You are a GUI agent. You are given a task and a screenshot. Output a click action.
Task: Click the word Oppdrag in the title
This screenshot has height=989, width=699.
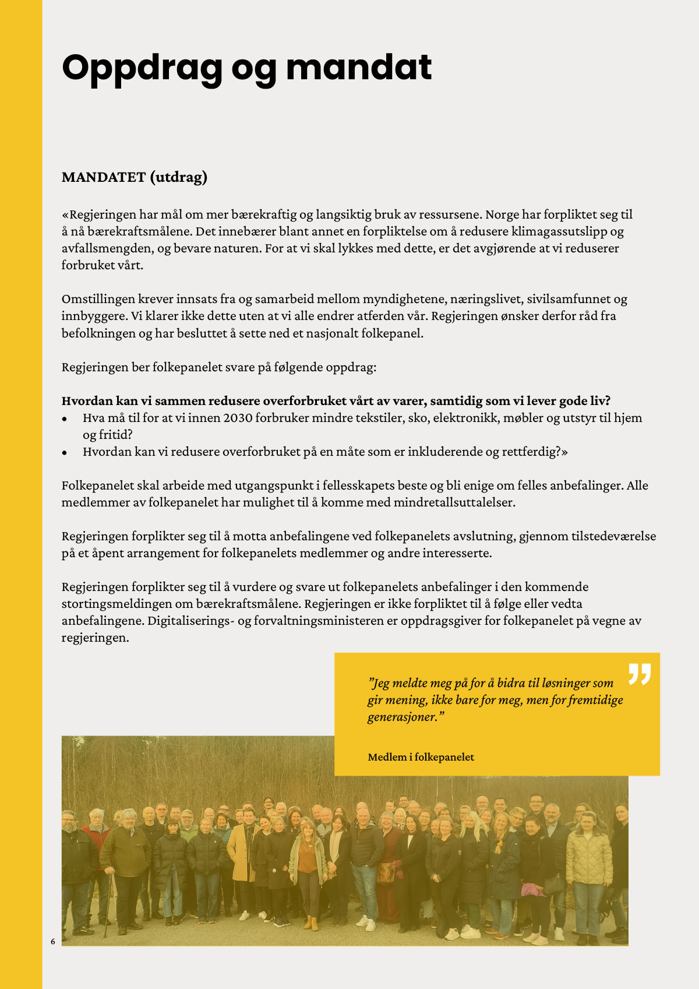click(x=142, y=69)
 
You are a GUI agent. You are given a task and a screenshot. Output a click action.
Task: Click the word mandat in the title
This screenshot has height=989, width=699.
click(x=359, y=68)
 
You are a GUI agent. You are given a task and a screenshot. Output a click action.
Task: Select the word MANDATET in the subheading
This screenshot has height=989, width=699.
click(x=104, y=177)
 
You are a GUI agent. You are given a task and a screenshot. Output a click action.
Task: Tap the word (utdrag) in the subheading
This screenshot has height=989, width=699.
click(x=179, y=177)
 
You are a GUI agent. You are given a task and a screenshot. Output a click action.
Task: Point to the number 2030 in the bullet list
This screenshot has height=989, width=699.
click(x=238, y=418)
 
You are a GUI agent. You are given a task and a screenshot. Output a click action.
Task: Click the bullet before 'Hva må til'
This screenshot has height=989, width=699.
click(x=65, y=418)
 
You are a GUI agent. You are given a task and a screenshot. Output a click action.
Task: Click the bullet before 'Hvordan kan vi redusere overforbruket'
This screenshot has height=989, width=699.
click(x=65, y=452)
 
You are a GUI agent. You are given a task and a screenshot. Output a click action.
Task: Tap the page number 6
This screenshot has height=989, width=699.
click(x=53, y=941)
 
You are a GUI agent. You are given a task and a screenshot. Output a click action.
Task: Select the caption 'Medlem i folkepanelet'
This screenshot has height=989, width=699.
click(x=421, y=757)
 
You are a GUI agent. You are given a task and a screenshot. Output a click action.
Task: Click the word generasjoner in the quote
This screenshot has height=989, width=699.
click(x=402, y=717)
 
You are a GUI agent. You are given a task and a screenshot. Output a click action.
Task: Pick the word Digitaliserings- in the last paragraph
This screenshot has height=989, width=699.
click(x=190, y=621)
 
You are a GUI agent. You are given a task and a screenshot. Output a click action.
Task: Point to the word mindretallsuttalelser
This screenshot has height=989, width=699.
click(x=454, y=502)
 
